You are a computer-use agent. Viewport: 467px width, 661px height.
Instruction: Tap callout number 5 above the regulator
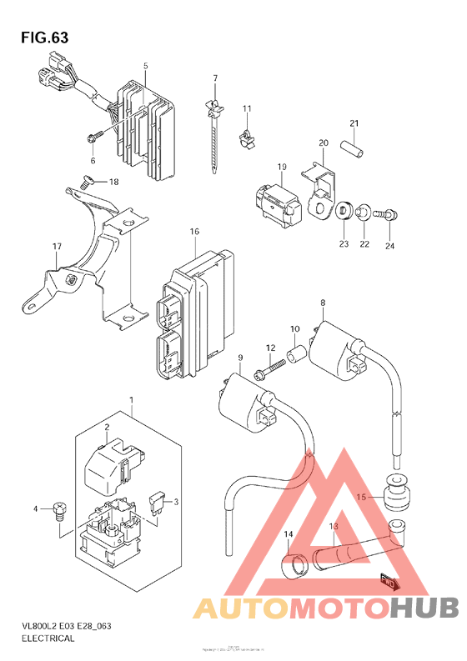(x=145, y=66)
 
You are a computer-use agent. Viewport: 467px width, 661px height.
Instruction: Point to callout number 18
(x=113, y=182)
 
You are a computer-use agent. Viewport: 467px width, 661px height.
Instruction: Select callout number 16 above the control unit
(x=194, y=231)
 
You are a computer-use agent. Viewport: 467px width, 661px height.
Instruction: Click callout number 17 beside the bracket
(x=57, y=247)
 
